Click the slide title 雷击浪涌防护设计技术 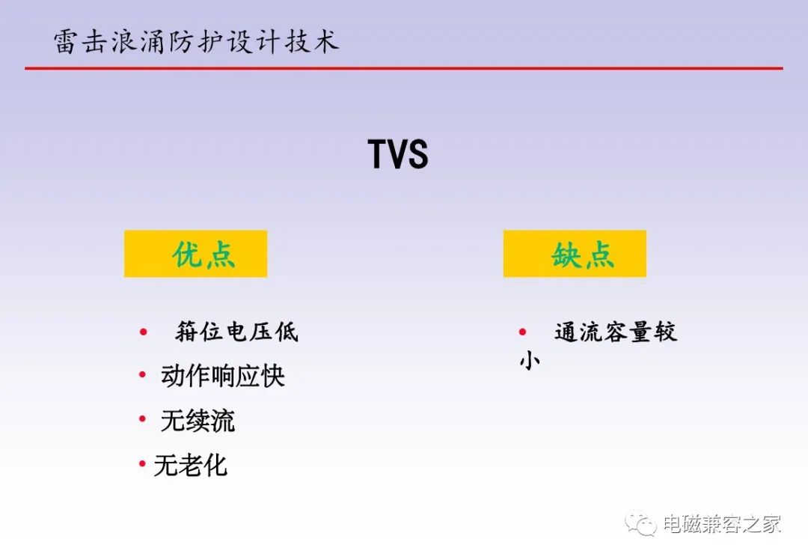coord(196,41)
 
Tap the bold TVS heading coord(398,154)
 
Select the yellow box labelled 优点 coord(196,254)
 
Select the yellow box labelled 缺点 coord(575,254)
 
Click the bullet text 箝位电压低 coord(236,332)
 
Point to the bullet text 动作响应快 coord(223,375)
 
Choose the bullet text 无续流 coord(198,420)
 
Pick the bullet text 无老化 coord(190,465)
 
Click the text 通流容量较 coord(616,332)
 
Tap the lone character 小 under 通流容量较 coord(530,360)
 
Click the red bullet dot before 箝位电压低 coord(144,332)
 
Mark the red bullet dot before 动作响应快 coord(143,375)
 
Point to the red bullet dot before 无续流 coord(143,419)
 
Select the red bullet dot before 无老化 coord(143,464)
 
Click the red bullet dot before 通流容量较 coord(522,332)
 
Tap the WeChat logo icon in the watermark coord(640,524)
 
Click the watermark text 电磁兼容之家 coord(722,524)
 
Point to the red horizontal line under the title coord(404,68)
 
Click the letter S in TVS coord(417,154)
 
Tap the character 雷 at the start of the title coord(67,42)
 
